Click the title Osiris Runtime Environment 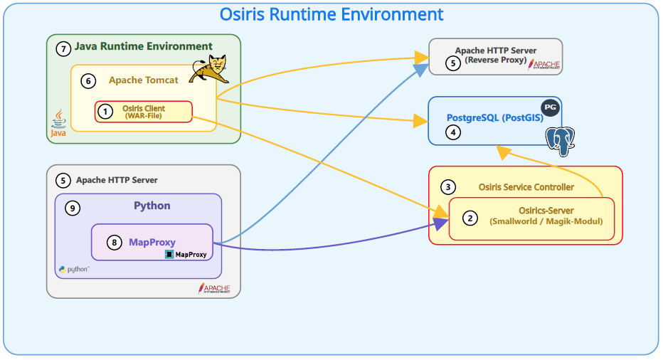pyautogui.click(x=331, y=14)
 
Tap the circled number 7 pyautogui.click(x=64, y=48)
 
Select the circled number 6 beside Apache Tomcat pyautogui.click(x=88, y=81)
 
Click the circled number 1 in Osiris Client pyautogui.click(x=105, y=112)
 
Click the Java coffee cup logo pyautogui.click(x=59, y=123)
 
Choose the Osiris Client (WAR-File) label pyautogui.click(x=144, y=112)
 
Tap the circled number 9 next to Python pyautogui.click(x=72, y=208)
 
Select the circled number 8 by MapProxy pyautogui.click(x=114, y=243)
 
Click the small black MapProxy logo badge pyautogui.click(x=186, y=253)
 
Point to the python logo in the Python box pyautogui.click(x=74, y=270)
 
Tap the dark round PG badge pyautogui.click(x=550, y=107)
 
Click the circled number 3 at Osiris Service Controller pyautogui.click(x=447, y=187)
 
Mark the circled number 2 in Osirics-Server pyautogui.click(x=470, y=218)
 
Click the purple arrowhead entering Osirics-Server pyautogui.click(x=441, y=225)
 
